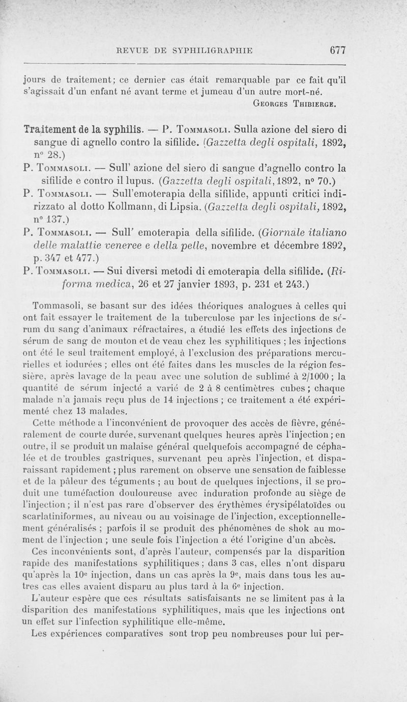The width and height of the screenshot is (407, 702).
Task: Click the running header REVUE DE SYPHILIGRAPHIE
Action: pyautogui.click(x=185, y=50)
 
